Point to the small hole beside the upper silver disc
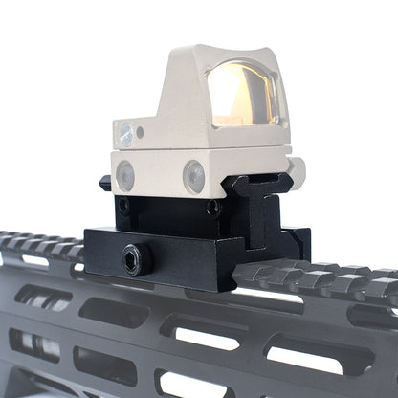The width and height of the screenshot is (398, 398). click(141, 132)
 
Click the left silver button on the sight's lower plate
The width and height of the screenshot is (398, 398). click(124, 174)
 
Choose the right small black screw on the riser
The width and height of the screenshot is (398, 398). click(212, 208)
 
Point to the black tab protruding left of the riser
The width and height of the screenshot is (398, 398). click(104, 183)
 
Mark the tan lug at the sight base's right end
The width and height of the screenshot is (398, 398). click(294, 172)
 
